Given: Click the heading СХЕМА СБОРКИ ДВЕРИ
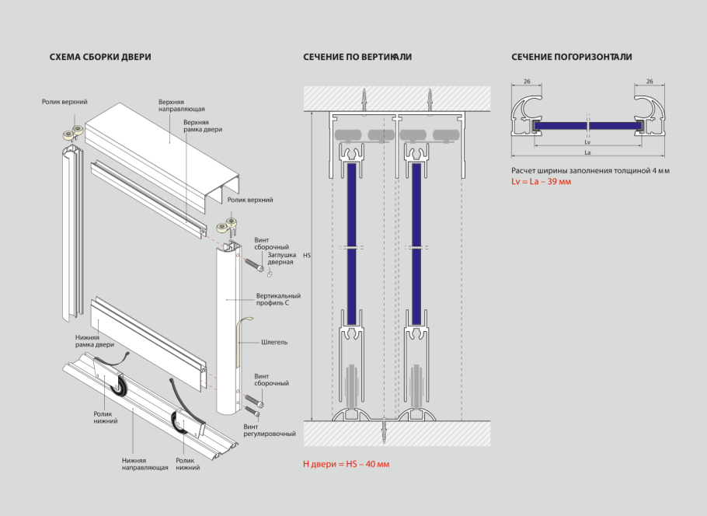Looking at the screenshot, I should (100, 57).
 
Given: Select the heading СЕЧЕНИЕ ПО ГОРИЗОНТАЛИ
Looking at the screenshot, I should (571, 57).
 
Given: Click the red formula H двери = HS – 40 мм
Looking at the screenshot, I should (347, 464).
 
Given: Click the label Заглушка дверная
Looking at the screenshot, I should (280, 258).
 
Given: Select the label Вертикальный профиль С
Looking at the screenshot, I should (278, 298).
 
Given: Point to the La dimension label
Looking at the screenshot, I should (587, 152).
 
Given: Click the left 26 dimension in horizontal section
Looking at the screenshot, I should (527, 81).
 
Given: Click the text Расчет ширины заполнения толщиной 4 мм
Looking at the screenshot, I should (590, 170).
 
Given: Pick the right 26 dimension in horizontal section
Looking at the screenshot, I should (650, 81).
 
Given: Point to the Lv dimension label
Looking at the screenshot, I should (587, 142).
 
